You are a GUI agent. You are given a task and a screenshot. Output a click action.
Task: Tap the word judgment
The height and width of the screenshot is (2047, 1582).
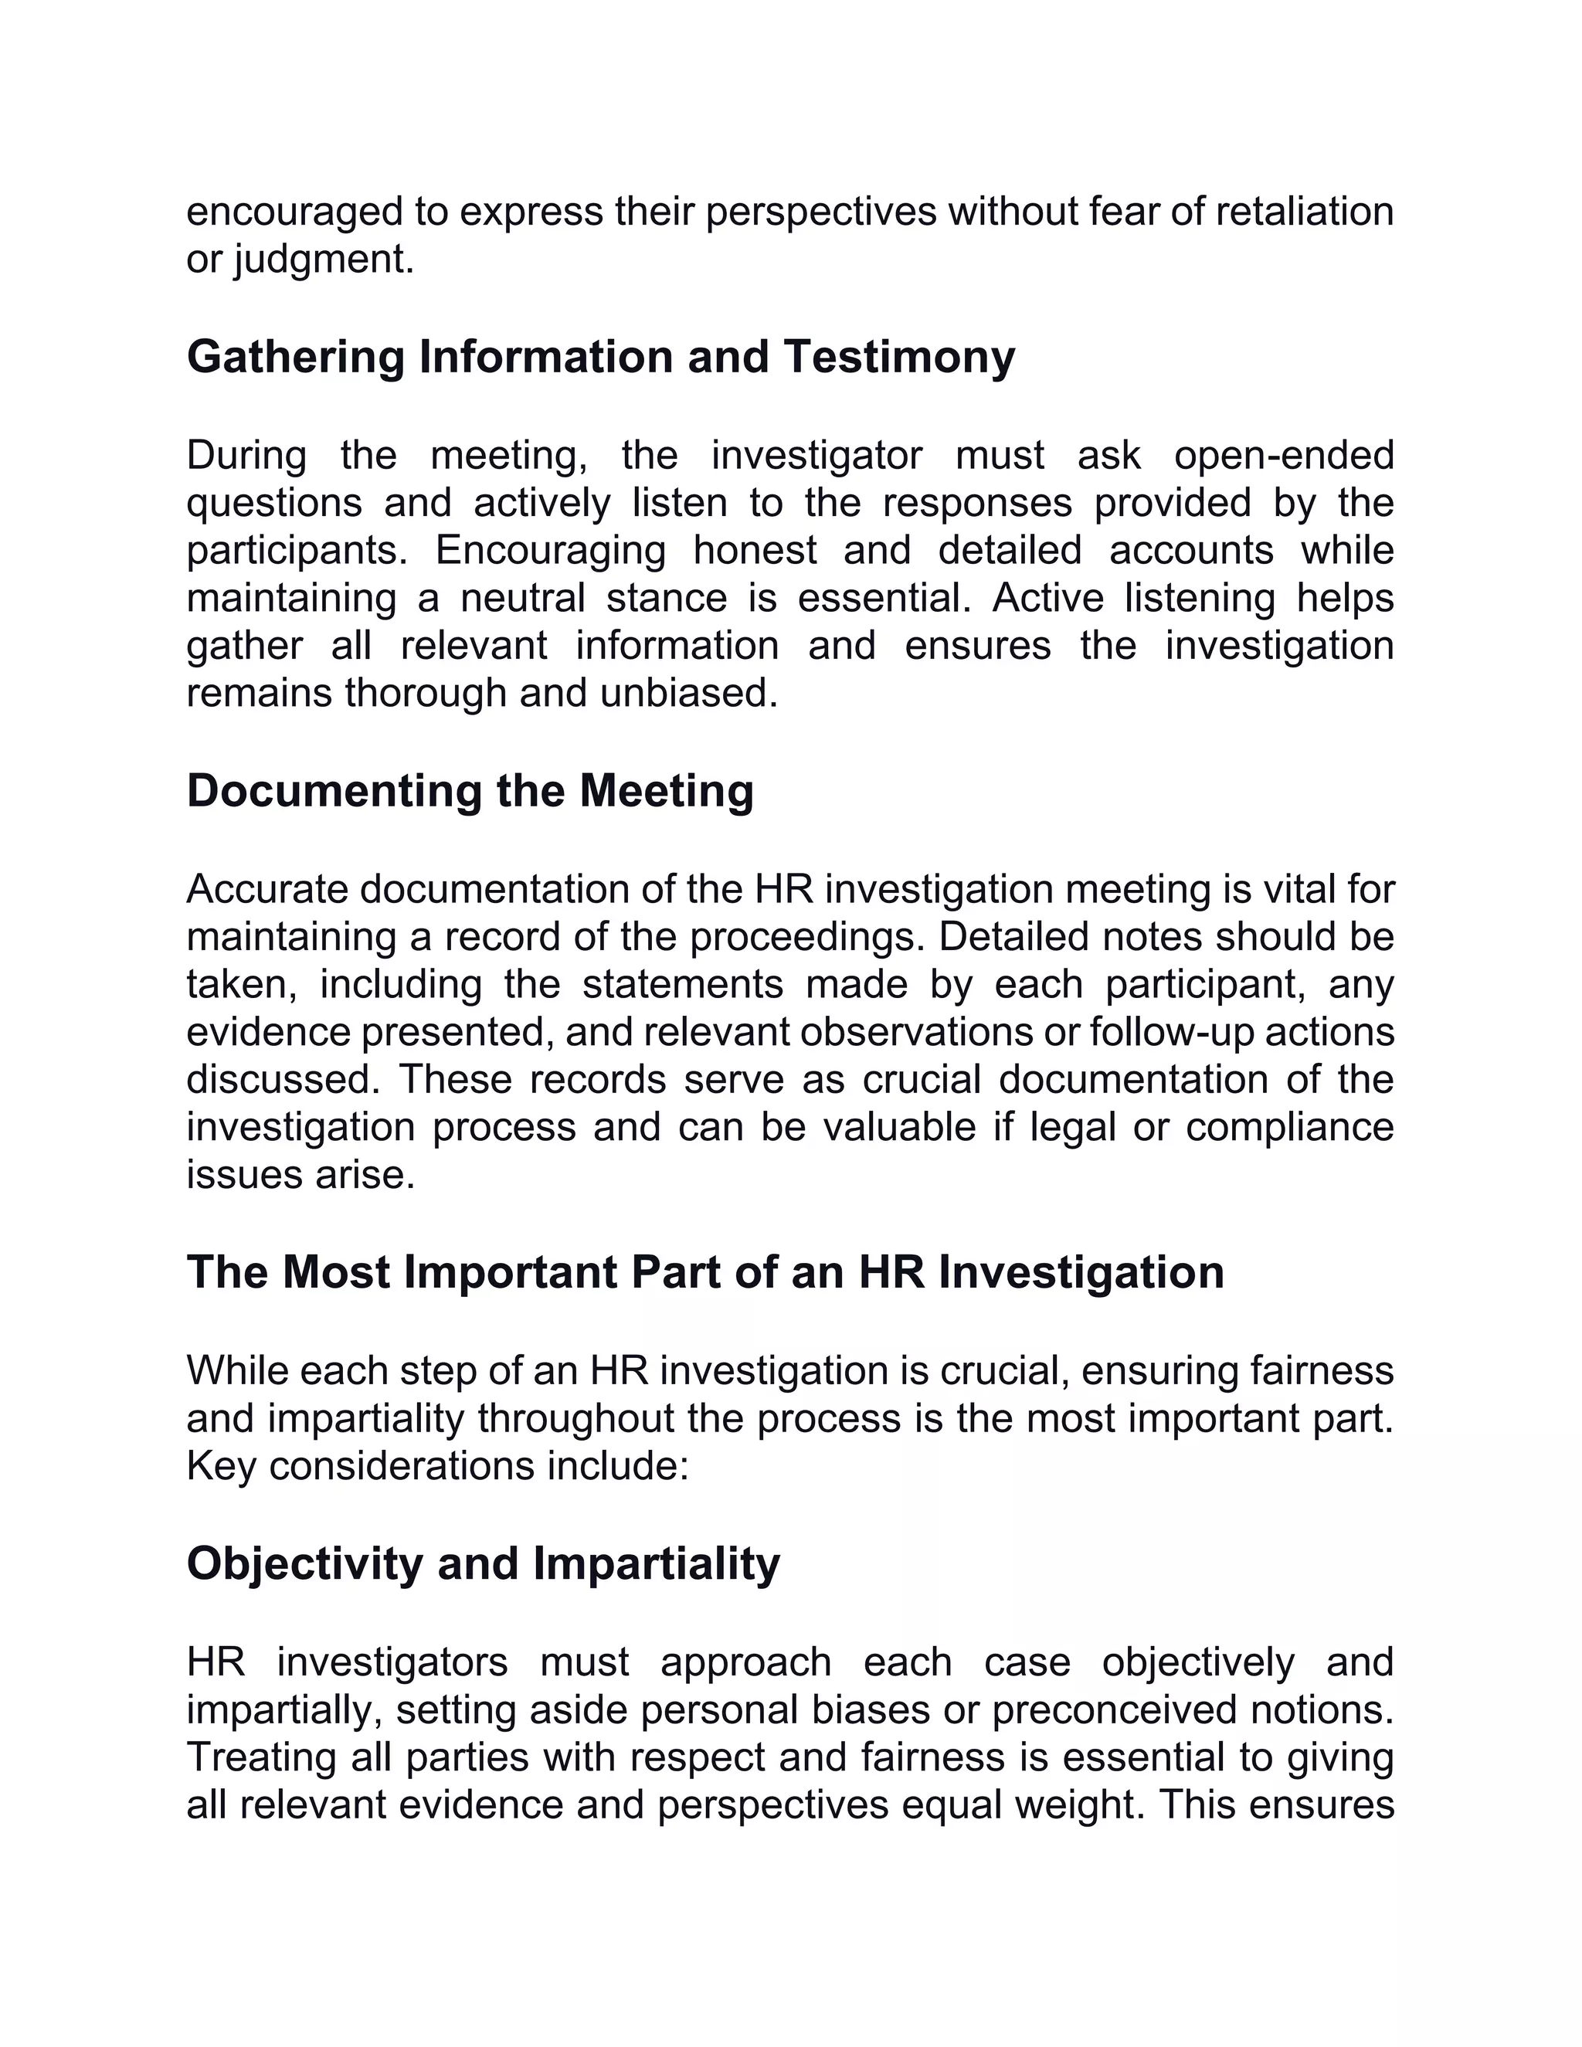(324, 260)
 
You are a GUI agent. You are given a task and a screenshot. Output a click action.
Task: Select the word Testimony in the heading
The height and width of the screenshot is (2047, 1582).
(899, 357)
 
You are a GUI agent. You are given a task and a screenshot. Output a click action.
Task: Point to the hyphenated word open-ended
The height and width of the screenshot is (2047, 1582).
(1283, 456)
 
